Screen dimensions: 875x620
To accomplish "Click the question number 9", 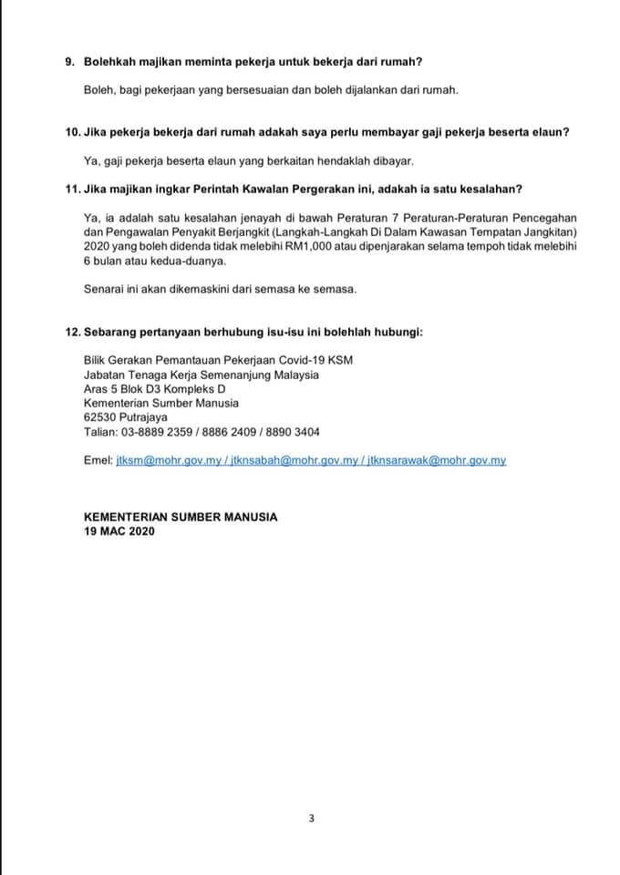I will tap(70, 62).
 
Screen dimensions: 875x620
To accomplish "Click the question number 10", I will tap(73, 133).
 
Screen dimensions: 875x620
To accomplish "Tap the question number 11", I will tap(73, 189).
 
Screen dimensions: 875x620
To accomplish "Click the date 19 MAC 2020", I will tap(119, 530).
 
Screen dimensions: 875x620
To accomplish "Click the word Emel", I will tap(97, 461).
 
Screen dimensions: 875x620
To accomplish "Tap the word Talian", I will tap(98, 432).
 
